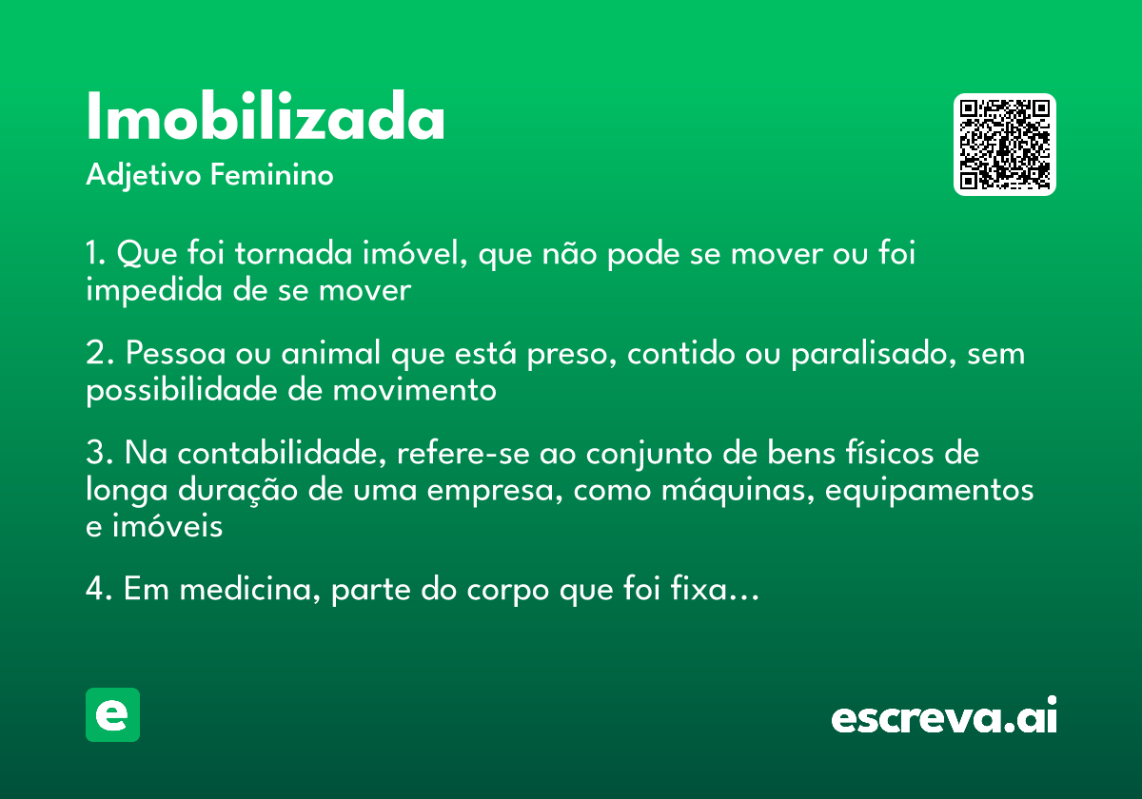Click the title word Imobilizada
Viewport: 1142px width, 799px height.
click(x=266, y=118)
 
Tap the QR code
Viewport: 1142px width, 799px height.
click(x=1005, y=145)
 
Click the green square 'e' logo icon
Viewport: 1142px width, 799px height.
click(x=112, y=714)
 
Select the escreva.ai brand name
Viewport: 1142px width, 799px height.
click(x=944, y=717)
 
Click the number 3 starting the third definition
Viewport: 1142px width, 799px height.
click(x=94, y=454)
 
